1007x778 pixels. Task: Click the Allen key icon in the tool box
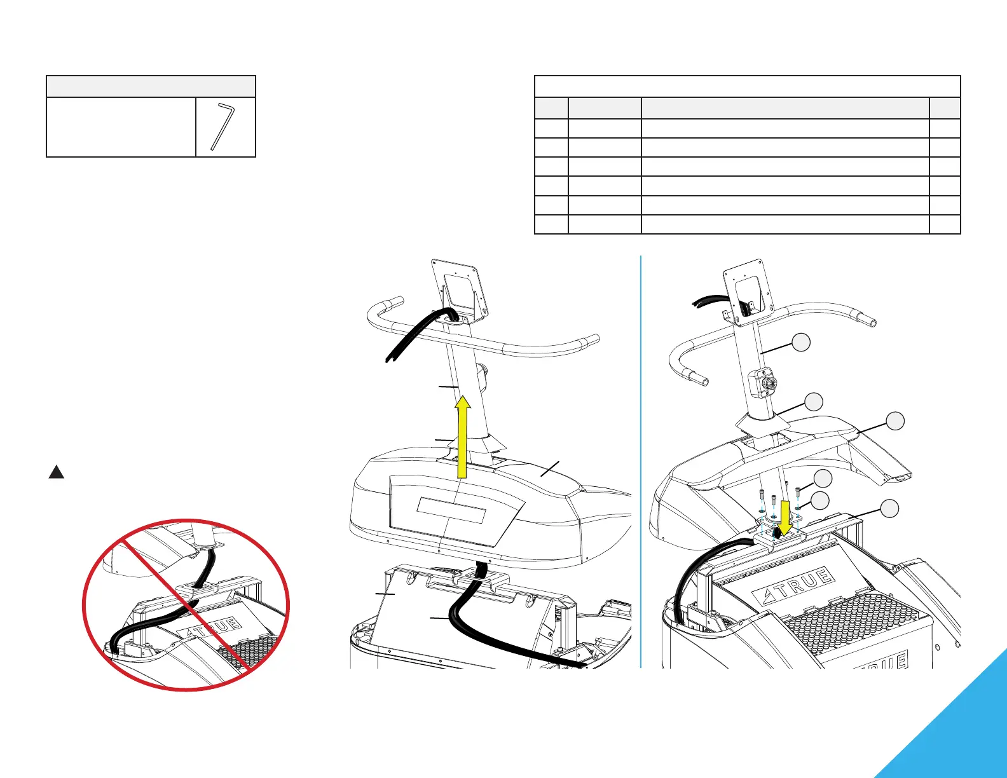pos(223,127)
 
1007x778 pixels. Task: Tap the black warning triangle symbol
pos(57,472)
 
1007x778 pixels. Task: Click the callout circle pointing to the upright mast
pos(802,343)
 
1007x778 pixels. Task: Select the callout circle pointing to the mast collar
pos(813,402)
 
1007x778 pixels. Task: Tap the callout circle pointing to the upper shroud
pos(895,421)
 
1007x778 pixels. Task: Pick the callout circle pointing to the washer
pos(820,500)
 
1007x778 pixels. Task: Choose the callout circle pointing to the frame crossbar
pos(889,508)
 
